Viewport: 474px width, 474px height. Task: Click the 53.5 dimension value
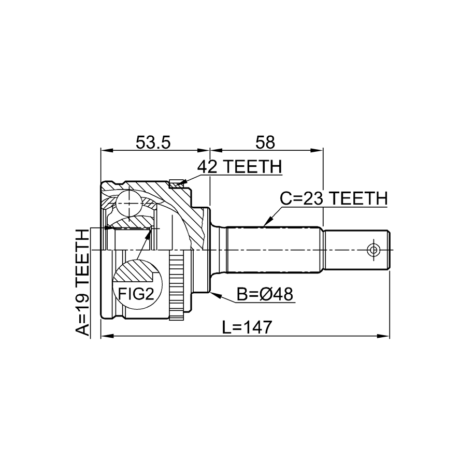point(153,142)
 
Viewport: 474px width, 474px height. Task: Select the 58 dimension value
point(265,142)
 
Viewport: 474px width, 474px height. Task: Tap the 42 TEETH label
point(239,167)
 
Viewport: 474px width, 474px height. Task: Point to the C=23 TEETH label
point(334,198)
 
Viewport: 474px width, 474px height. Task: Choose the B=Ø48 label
point(265,294)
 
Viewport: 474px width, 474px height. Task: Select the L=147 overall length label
point(247,327)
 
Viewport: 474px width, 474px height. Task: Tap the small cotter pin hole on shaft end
point(374,250)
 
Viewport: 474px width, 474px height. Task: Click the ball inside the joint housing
point(130,204)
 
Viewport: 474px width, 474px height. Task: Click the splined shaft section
point(274,250)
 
